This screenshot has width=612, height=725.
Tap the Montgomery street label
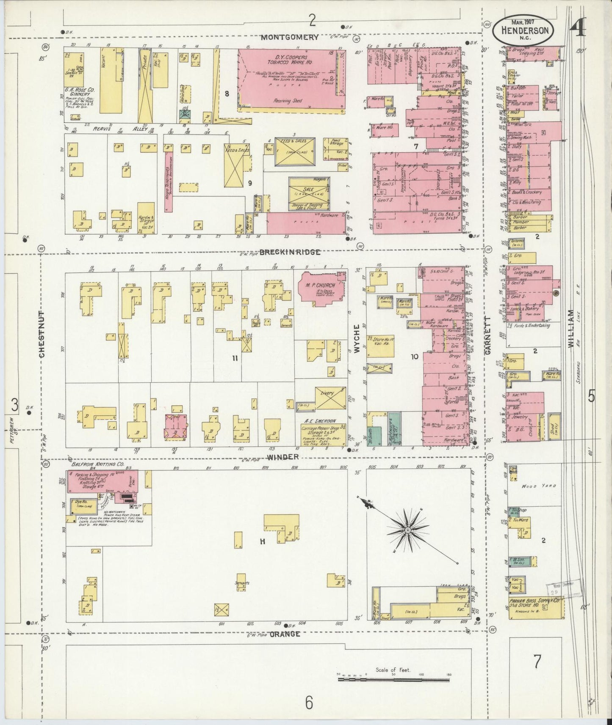pyautogui.click(x=289, y=37)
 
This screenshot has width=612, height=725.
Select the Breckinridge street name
pyautogui.click(x=290, y=252)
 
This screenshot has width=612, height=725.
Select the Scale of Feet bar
pyautogui.click(x=393, y=680)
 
